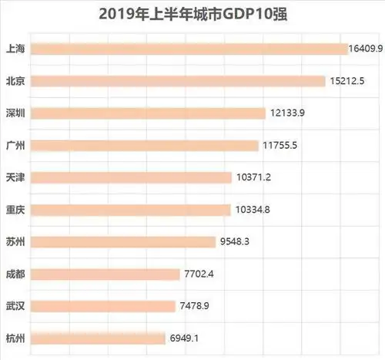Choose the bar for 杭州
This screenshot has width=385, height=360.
[99, 338]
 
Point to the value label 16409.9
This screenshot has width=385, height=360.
[366, 49]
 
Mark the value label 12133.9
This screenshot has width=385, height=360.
[289, 113]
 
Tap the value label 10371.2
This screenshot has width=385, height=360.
[255, 177]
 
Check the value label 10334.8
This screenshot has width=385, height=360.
[253, 210]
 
